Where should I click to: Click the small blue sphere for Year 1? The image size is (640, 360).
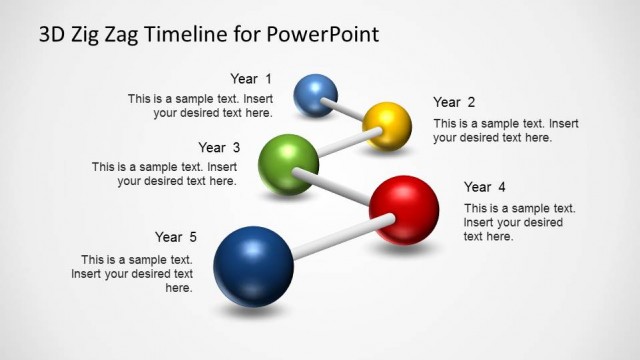point(315,94)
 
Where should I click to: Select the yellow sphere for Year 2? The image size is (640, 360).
point(387,125)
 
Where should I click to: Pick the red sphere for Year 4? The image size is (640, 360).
point(404,209)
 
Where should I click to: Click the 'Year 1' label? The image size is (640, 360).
point(250,79)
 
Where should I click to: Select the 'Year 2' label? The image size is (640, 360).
point(454,102)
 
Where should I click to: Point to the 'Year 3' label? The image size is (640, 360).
point(219,147)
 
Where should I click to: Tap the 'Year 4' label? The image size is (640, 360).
point(485,187)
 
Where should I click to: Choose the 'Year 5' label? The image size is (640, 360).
point(176,237)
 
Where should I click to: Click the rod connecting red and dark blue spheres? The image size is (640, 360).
point(330,240)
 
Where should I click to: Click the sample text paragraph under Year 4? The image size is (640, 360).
point(505,222)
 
